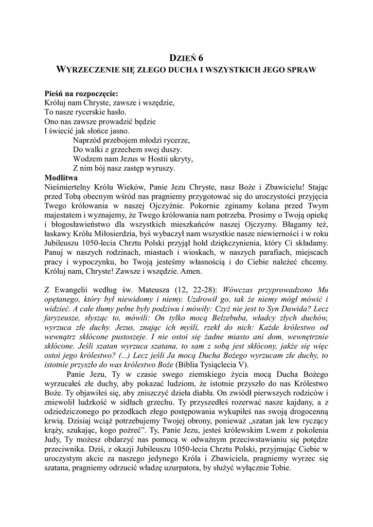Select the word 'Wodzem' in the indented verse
[86, 159]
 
